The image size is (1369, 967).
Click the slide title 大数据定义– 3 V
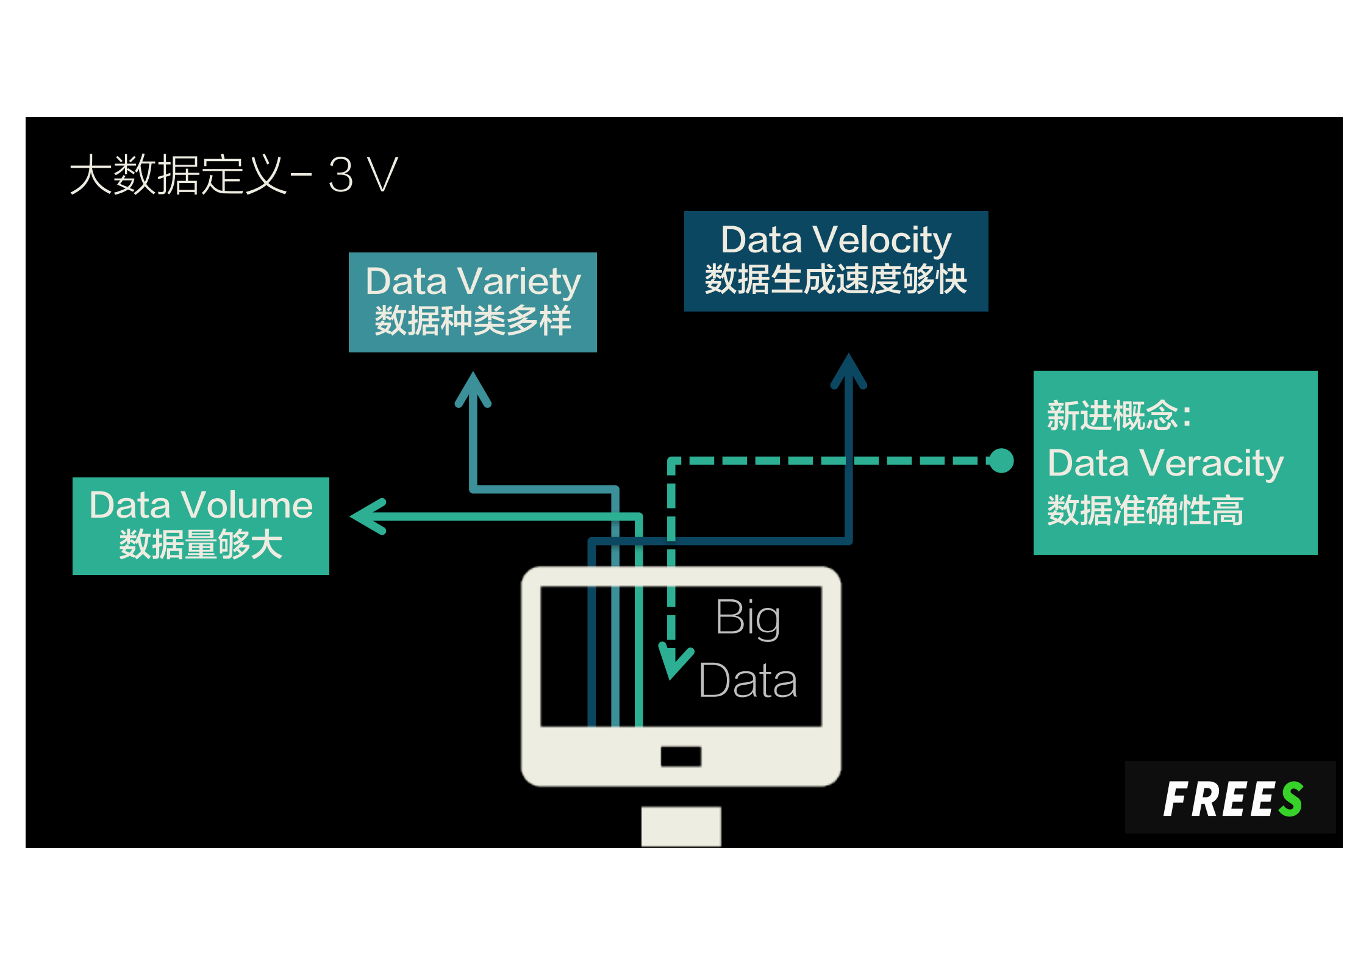pyautogui.click(x=234, y=175)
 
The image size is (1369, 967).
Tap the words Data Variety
pyautogui.click(x=473, y=281)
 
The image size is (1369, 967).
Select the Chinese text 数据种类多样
pyautogui.click(x=473, y=321)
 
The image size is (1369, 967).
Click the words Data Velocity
pyautogui.click(x=835, y=240)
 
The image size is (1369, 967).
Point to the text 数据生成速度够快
pyautogui.click(x=835, y=280)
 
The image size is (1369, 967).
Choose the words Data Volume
pyautogui.click(x=201, y=505)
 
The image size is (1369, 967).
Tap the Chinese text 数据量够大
pyautogui.click(x=201, y=544)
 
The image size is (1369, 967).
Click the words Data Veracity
pyautogui.click(x=1165, y=463)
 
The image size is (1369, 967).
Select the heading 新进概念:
pyautogui.click(x=1119, y=416)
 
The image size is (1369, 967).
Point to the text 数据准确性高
pyautogui.click(x=1145, y=510)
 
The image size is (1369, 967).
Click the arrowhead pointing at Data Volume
pyautogui.click(x=368, y=516)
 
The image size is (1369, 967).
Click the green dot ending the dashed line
pyautogui.click(x=1001, y=460)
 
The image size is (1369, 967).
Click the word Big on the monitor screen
pyautogui.click(x=748, y=618)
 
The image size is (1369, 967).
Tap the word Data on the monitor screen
pyautogui.click(x=748, y=680)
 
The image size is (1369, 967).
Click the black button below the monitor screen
pyautogui.click(x=681, y=757)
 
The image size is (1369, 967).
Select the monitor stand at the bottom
pyautogui.click(x=681, y=826)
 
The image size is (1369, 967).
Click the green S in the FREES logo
pyautogui.click(x=1291, y=799)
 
